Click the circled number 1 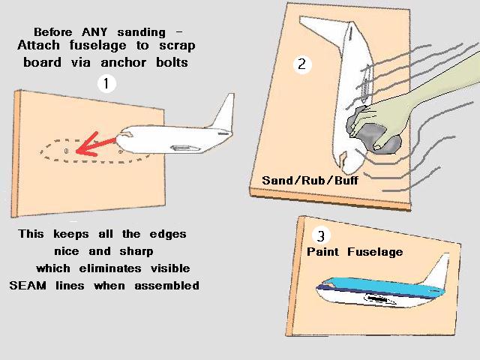pos(106,83)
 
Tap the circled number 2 pos(301,64)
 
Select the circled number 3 pos(321,236)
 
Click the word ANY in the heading pos(94,31)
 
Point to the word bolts pos(172,62)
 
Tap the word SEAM pos(28,285)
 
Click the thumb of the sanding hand pos(385,143)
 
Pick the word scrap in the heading pos(177,46)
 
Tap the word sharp pos(136,252)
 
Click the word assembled pos(166,285)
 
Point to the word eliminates pos(110,268)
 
